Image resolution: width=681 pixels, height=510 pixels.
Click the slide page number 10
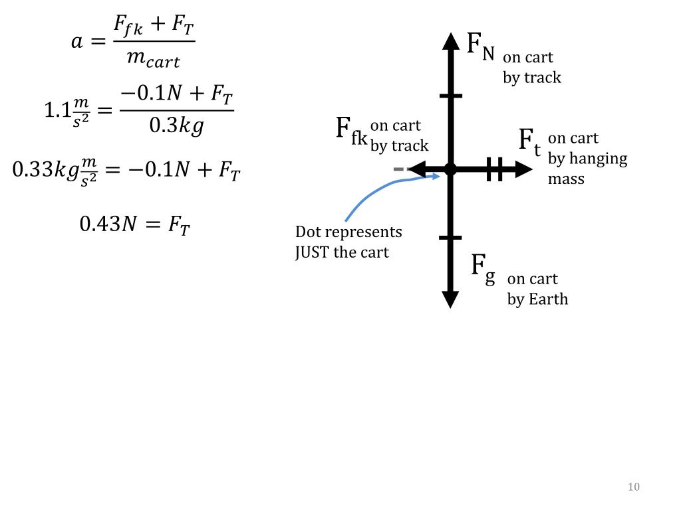coord(633,487)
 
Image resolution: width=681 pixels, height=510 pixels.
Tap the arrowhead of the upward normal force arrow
coord(451,42)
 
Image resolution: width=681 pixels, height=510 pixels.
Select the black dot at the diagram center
coord(450,169)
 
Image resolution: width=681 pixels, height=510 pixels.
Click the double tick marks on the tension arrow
coord(494,169)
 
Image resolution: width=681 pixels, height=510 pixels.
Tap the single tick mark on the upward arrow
coord(450,96)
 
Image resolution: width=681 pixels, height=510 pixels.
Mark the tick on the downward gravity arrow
coord(450,237)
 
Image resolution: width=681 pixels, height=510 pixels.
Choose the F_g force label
coord(483,268)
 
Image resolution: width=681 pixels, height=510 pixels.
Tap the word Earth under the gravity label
coord(548,299)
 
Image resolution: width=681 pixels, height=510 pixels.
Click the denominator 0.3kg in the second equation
coord(176,126)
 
